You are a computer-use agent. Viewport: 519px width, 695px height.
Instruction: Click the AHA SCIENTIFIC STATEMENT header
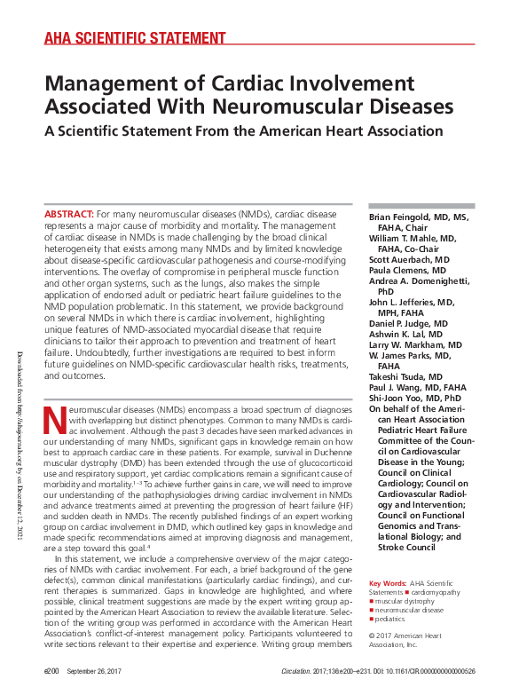(x=135, y=37)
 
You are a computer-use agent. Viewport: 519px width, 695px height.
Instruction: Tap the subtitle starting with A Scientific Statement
(x=244, y=131)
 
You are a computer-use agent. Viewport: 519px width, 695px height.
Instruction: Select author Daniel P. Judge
(x=409, y=323)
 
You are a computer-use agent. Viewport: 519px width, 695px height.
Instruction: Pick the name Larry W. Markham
(x=414, y=344)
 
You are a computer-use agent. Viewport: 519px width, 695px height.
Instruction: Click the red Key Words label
(x=388, y=582)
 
